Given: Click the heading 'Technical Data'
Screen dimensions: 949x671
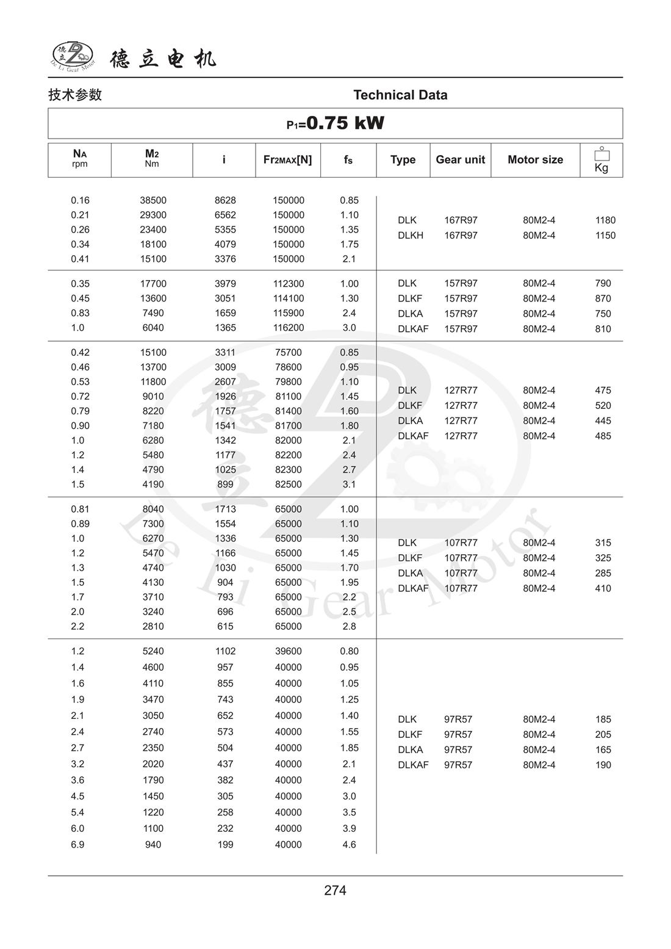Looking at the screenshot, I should point(400,95).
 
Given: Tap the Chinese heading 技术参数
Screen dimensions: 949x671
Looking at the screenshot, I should point(75,95).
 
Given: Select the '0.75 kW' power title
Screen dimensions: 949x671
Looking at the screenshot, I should point(335,123).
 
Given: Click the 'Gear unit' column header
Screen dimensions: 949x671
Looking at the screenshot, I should point(460,160).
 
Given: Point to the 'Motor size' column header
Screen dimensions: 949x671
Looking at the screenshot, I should point(535,160).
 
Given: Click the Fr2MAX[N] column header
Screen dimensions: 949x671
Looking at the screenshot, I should point(287,160).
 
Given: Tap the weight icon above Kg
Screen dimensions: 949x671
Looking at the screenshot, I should point(601,153).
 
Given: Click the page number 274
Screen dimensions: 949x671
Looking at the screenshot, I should point(335,890).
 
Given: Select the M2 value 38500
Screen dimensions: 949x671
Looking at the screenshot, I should point(153,201).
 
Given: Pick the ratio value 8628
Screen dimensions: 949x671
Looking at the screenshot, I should point(225,201).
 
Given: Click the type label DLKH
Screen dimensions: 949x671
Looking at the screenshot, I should point(411,236).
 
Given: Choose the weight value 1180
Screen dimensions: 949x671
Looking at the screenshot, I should point(605,220).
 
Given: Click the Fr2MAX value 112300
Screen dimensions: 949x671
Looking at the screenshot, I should point(288,284).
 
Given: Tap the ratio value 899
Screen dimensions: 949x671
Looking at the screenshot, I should point(225,485).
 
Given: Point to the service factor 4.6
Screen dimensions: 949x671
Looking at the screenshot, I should point(349,845).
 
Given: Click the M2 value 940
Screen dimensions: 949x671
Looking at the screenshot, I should point(153,845).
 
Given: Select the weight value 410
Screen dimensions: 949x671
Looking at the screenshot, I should point(603,588).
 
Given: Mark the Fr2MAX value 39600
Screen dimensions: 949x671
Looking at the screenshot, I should point(288,651).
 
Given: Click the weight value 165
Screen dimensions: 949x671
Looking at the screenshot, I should point(603,750).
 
